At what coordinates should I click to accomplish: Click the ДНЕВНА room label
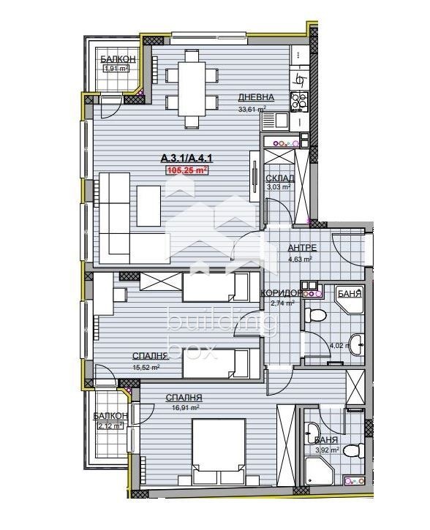(256, 98)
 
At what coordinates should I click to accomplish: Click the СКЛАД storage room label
(279, 178)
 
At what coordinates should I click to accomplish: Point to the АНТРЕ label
(301, 247)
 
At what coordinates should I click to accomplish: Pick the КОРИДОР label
(282, 293)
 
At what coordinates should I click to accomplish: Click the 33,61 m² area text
(252, 110)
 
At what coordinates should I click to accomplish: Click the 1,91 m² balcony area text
(116, 69)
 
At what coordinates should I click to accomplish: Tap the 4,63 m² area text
(301, 258)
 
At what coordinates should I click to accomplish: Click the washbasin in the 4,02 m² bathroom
(358, 343)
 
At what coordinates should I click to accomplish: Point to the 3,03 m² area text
(279, 187)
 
